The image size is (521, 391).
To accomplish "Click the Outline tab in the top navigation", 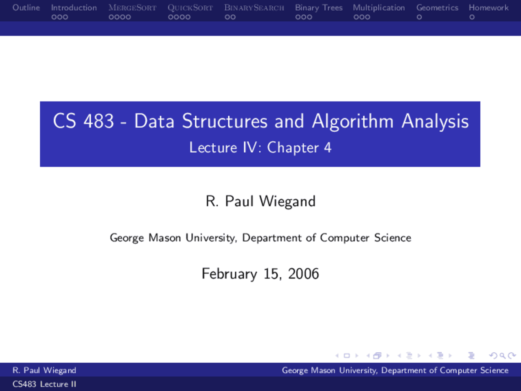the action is pos(26,8).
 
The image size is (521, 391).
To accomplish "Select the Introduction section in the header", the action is pos(74,8).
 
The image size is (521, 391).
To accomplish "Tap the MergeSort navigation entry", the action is pos(132,8).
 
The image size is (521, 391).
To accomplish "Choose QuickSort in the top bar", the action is pos(190,8).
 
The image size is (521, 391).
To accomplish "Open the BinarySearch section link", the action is pos(254,8).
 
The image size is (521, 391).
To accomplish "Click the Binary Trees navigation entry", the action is pos(319,8).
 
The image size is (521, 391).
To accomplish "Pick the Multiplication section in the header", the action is pos(379,8).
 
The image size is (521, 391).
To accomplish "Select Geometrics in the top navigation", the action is pos(437,8).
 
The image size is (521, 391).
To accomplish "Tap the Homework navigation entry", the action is pos(488,8).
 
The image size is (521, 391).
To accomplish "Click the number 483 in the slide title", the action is pos(99,121).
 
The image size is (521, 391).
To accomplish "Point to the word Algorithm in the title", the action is pos(353,121).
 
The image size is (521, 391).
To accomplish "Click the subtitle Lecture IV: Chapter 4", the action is pos(260,147).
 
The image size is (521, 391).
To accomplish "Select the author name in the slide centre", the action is pos(260,201).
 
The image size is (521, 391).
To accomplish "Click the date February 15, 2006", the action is pos(260,273).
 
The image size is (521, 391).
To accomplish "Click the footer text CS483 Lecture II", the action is pos(44,384).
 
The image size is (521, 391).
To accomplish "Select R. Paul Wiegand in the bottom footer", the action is pos(44,370).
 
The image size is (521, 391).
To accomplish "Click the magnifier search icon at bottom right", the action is pos(502,356).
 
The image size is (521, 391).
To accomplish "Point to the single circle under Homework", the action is pos(472,17).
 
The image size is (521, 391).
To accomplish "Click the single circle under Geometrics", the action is pos(419,17).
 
